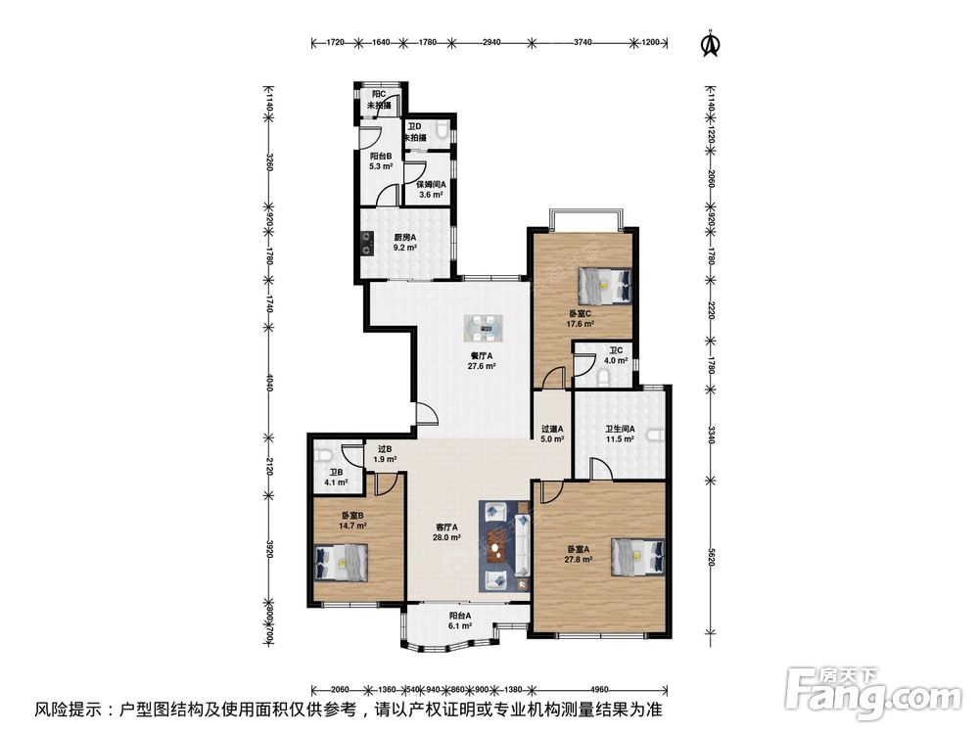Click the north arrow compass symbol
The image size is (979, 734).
pyautogui.click(x=710, y=43)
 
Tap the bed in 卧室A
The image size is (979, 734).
pyautogui.click(x=637, y=556)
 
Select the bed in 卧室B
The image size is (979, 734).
pyautogui.click(x=341, y=562)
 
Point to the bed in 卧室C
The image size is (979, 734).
pyautogui.click(x=604, y=285)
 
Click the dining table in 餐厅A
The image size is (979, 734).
pyautogui.click(x=483, y=328)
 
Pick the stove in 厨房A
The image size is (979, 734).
pyautogui.click(x=367, y=244)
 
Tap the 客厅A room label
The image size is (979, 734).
pyautogui.click(x=447, y=527)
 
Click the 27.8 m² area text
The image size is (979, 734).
pyautogui.click(x=579, y=559)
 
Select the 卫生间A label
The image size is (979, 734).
pyautogui.click(x=620, y=429)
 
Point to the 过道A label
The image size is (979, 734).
pyautogui.click(x=552, y=429)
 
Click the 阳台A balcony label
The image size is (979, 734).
pyautogui.click(x=460, y=615)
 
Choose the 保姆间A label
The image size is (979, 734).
pyautogui.click(x=432, y=184)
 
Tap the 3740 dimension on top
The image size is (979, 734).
pyautogui.click(x=583, y=42)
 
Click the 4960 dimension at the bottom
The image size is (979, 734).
pyautogui.click(x=599, y=690)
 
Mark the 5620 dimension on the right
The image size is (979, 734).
pyautogui.click(x=711, y=558)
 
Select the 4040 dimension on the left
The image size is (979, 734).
pyautogui.click(x=270, y=382)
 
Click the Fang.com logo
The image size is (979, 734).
pyautogui.click(x=874, y=694)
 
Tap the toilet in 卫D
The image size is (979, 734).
pyautogui.click(x=443, y=129)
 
